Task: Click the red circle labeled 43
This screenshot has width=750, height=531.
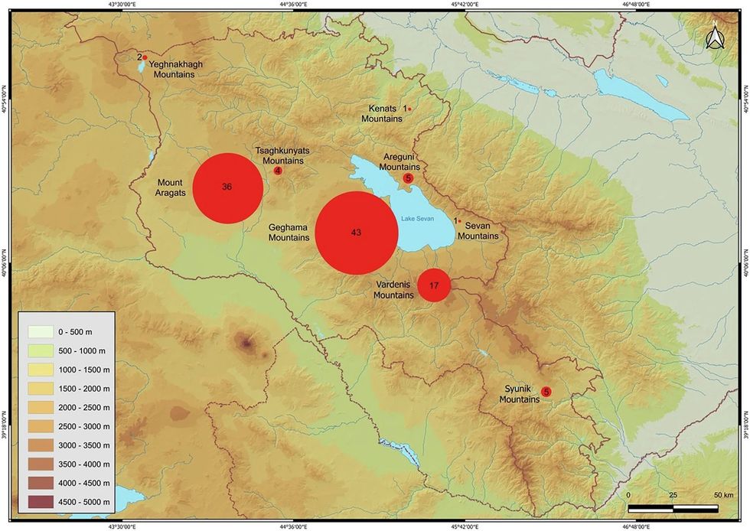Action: click(356, 232)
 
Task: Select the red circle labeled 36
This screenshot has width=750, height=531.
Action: click(227, 188)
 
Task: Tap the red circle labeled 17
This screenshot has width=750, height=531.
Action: click(434, 285)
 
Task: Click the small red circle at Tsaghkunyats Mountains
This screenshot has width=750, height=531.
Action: click(277, 171)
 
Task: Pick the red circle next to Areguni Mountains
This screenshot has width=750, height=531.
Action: click(408, 178)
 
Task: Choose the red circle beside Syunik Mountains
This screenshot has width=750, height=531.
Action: click(546, 392)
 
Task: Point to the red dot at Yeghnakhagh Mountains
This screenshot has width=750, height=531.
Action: click(145, 57)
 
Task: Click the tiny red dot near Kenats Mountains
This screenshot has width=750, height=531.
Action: click(410, 109)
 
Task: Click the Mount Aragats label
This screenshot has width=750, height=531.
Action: click(171, 187)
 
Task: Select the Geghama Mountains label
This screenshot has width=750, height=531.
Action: click(289, 233)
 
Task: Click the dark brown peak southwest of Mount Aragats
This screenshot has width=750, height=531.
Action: click(246, 344)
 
